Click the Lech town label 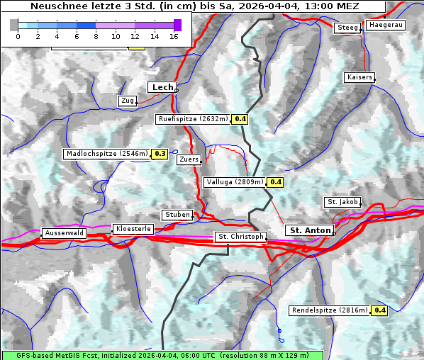(162, 87)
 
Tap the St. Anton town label (311, 230)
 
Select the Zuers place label (189, 159)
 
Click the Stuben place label (177, 215)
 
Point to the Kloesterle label (132, 229)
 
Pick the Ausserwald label (65, 232)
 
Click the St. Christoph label (241, 237)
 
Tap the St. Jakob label (342, 202)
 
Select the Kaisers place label (359, 77)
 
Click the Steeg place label (347, 28)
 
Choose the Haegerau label (386, 25)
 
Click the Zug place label (128, 101)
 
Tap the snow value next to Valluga (276, 182)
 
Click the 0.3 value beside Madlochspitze (160, 153)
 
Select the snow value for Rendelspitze (380, 310)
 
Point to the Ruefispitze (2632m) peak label (194, 119)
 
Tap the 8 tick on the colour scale (96, 36)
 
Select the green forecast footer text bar (162, 355)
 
